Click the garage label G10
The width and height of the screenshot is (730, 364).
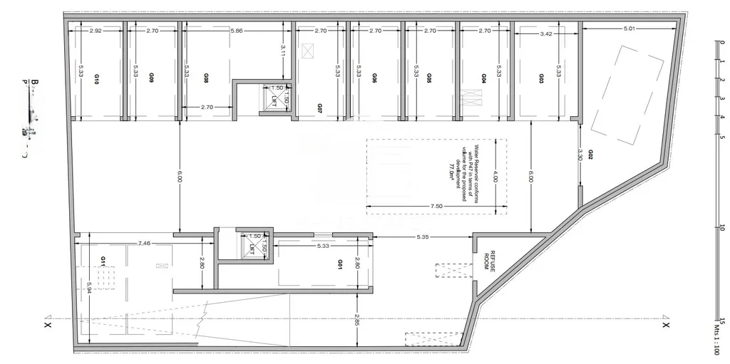[x=97, y=79]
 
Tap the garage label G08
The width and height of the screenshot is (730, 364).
[x=206, y=79]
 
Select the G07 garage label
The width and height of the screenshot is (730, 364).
[x=320, y=108]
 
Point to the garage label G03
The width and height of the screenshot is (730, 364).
[x=542, y=78]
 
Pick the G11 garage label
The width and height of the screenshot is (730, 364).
[x=104, y=261]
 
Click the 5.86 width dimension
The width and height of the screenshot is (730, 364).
[x=237, y=31]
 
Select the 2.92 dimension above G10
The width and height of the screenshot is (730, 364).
[x=97, y=31]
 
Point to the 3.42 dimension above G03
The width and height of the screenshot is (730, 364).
[x=546, y=33]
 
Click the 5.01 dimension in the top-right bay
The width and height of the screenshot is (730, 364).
[x=629, y=28]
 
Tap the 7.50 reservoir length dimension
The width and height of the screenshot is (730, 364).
[x=436, y=207]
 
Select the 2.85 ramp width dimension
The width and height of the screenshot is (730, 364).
[x=356, y=321]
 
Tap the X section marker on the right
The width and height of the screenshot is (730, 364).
[x=665, y=325]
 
